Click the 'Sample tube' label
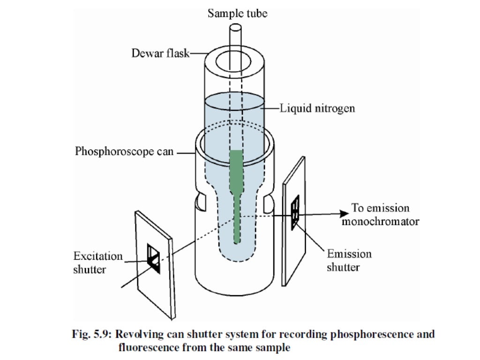[238, 14]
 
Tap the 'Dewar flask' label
[160, 53]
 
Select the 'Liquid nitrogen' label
[317, 108]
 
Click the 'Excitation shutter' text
[98, 262]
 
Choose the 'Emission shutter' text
[349, 260]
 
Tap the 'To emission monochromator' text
[380, 214]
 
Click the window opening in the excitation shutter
[154, 257]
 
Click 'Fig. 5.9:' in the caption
[91, 335]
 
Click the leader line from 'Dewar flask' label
[197, 53]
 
